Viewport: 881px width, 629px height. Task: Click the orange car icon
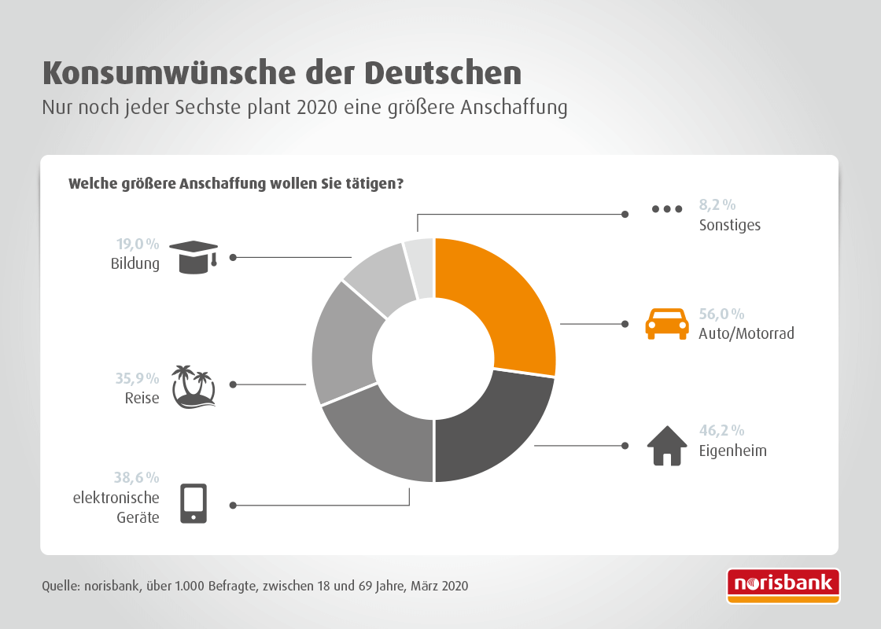pyautogui.click(x=661, y=323)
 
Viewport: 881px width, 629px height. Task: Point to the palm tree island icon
pyautogui.click(x=193, y=386)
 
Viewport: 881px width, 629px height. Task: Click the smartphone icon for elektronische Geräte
pyautogui.click(x=194, y=504)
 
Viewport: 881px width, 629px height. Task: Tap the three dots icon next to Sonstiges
pyautogui.click(x=667, y=209)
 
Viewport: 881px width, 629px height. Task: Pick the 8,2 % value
pyautogui.click(x=717, y=205)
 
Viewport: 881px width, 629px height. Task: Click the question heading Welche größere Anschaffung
pyautogui.click(x=236, y=184)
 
